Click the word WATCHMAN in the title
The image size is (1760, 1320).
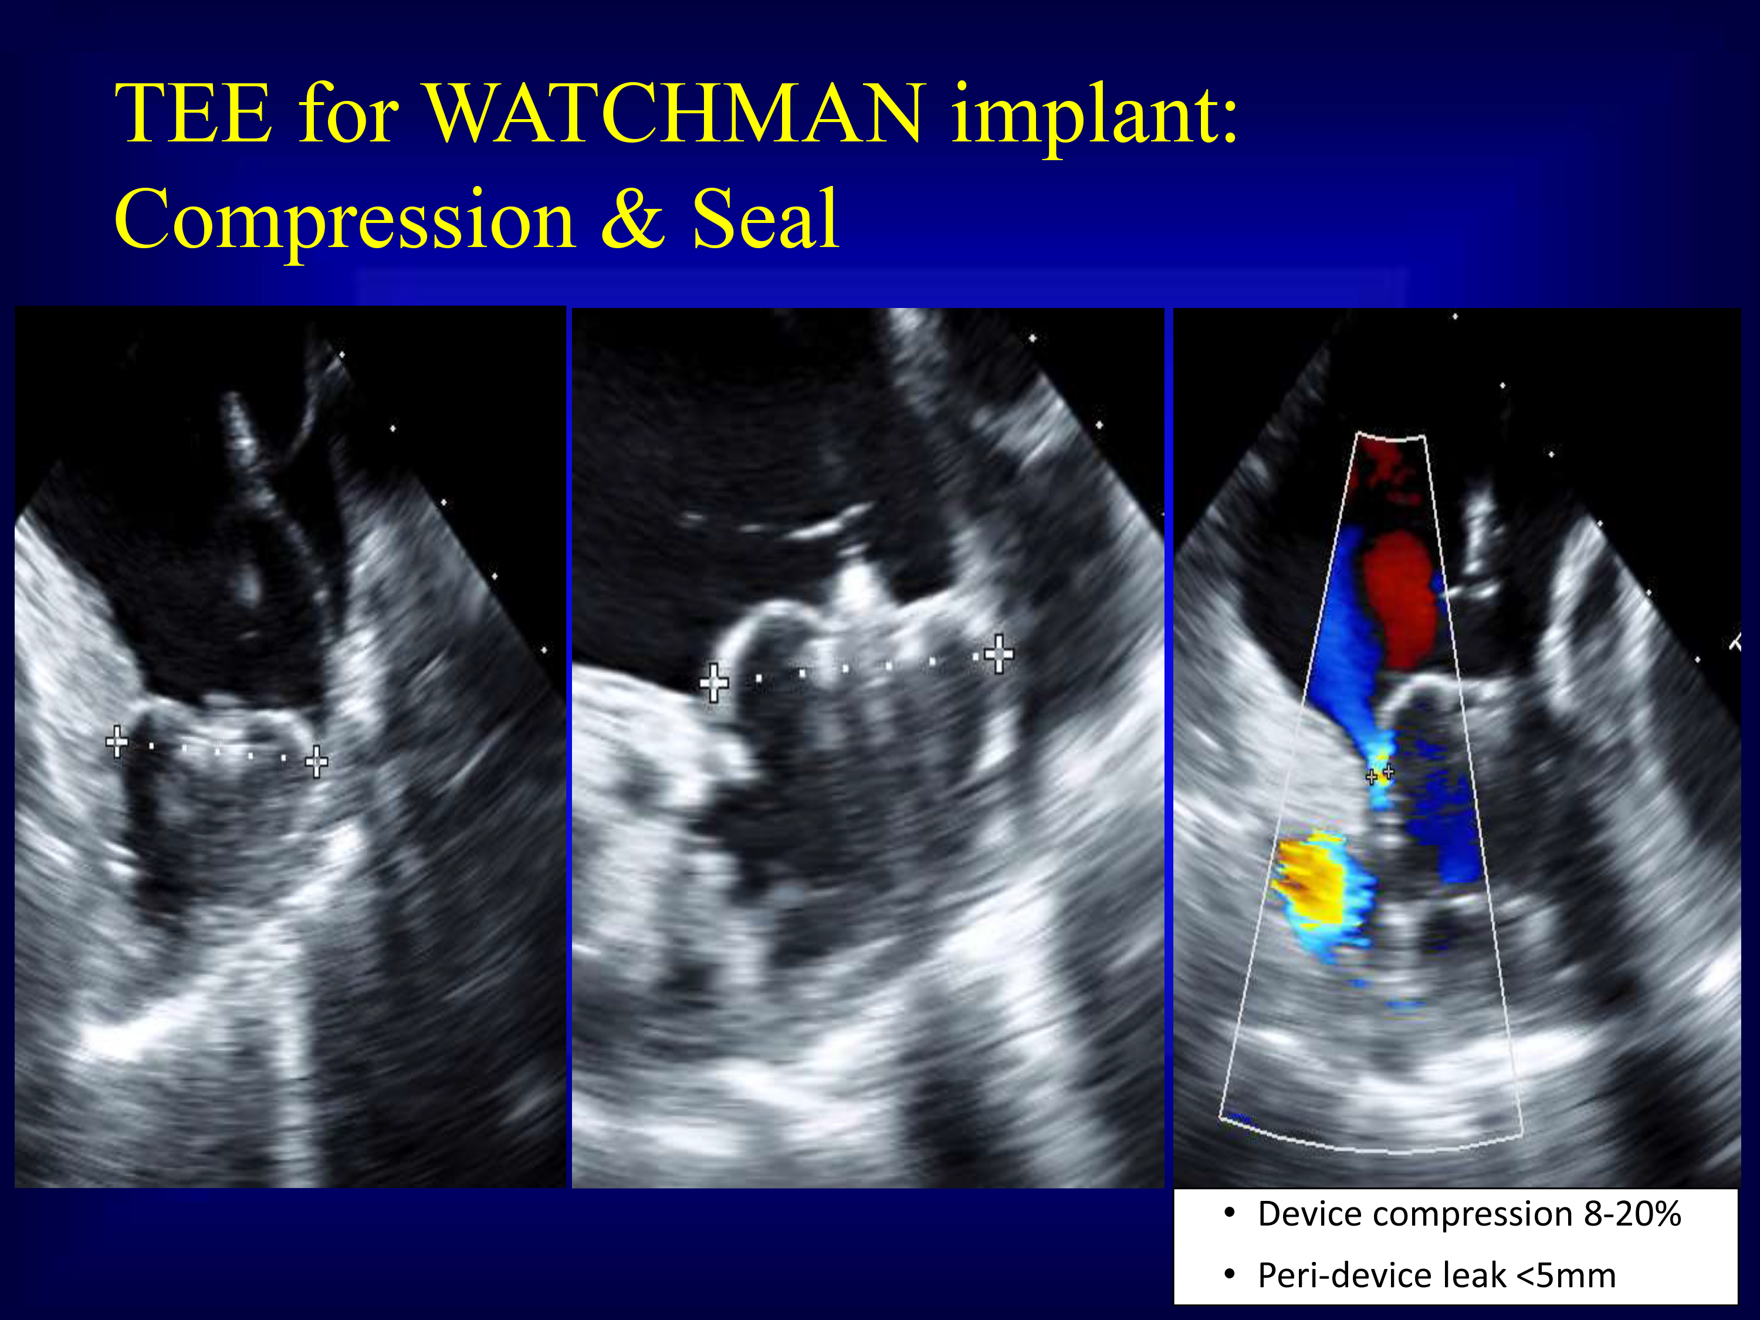(675, 113)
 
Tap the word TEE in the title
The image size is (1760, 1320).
(194, 113)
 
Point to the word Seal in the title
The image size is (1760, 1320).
(764, 218)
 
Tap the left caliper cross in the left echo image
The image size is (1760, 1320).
(117, 742)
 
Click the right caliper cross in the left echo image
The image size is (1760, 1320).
(317, 761)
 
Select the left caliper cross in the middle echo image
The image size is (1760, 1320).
(714, 683)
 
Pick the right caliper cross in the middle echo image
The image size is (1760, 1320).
(999, 654)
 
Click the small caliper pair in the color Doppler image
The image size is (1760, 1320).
(1380, 773)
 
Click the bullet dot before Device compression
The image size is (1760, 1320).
(1230, 1213)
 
